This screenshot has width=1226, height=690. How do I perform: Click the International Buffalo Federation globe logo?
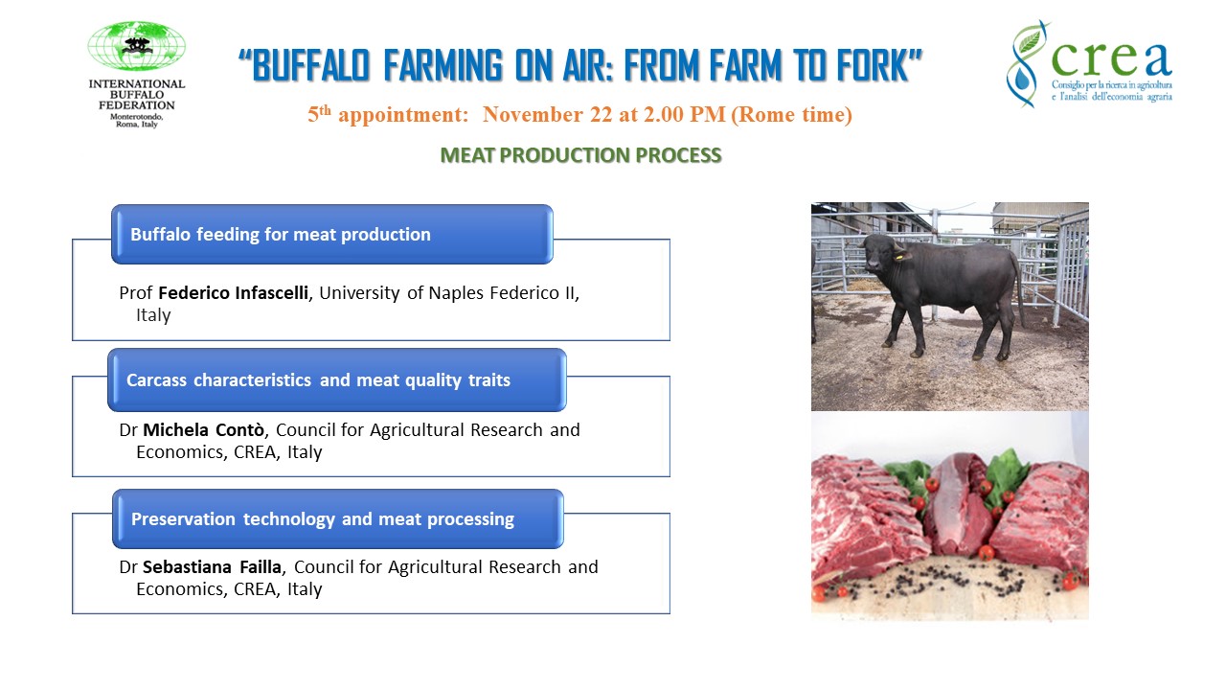[x=137, y=47]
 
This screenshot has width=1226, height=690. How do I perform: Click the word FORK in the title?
[x=874, y=67]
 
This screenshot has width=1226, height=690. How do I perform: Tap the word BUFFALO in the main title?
[x=310, y=67]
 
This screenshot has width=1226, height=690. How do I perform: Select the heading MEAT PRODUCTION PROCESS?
[x=580, y=155]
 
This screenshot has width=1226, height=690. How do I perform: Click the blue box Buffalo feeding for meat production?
[x=332, y=234]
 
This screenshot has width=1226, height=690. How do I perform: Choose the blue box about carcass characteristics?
[x=336, y=380]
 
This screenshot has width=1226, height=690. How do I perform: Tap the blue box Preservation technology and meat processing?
[x=337, y=519]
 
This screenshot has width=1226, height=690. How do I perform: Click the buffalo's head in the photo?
[x=879, y=252]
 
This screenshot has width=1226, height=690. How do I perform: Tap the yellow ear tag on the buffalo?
[x=899, y=256]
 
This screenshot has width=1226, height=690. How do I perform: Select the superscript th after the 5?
[x=324, y=110]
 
